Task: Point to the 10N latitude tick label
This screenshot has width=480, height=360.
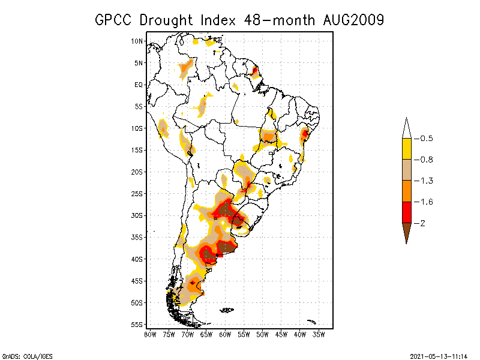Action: click(137, 41)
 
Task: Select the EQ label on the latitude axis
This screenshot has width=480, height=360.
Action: click(139, 85)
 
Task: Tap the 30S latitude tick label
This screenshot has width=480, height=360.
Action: click(137, 215)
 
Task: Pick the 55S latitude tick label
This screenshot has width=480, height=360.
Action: click(137, 325)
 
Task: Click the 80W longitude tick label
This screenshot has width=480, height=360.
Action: click(150, 334)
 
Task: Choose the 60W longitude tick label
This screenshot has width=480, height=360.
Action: click(225, 334)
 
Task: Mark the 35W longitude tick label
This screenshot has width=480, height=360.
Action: click(319, 334)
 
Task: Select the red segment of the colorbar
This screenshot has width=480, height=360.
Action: click(407, 212)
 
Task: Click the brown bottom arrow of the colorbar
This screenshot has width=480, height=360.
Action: click(407, 232)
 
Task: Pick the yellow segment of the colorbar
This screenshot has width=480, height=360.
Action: click(407, 149)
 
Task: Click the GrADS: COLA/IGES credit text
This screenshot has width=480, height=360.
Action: click(22, 355)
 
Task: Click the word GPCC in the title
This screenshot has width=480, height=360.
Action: click(114, 20)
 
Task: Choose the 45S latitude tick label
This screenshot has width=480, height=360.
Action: click(137, 281)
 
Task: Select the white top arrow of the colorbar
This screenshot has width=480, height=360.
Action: click(407, 129)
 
